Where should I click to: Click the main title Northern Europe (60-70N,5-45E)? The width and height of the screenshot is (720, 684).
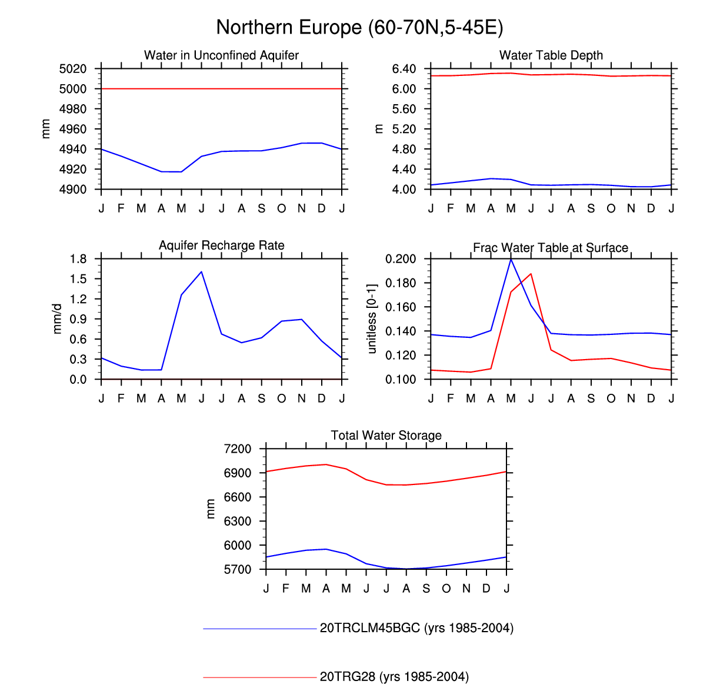point(359,28)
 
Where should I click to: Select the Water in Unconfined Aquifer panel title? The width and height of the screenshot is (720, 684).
point(221,55)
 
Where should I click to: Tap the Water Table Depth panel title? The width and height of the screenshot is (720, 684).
point(551,55)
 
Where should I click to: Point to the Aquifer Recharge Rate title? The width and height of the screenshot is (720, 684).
point(221,245)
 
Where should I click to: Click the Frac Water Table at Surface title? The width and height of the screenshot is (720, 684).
point(551,248)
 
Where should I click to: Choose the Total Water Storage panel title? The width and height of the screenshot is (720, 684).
point(386,436)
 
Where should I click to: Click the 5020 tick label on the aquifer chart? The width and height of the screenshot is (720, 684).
point(73,69)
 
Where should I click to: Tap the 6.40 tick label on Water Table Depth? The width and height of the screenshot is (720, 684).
point(404,69)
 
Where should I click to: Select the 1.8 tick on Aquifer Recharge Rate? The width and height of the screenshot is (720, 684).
point(78,259)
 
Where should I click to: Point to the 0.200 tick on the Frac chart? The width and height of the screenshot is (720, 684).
point(401,259)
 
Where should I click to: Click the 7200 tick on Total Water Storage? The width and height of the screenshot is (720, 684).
point(238,449)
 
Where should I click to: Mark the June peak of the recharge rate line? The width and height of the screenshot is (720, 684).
point(201,271)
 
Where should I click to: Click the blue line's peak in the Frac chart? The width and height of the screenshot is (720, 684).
point(511,259)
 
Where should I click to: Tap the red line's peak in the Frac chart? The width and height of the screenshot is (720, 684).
point(531,273)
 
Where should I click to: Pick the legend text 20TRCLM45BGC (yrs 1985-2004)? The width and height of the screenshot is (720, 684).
point(416,628)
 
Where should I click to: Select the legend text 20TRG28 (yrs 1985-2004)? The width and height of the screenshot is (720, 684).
point(394,677)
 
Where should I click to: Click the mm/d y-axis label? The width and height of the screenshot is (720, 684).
point(57,319)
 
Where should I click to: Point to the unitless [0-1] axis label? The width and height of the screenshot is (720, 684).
point(371,319)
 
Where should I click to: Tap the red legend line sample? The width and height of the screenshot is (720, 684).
point(260,678)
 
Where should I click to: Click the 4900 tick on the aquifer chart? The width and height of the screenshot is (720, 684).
point(73,190)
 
